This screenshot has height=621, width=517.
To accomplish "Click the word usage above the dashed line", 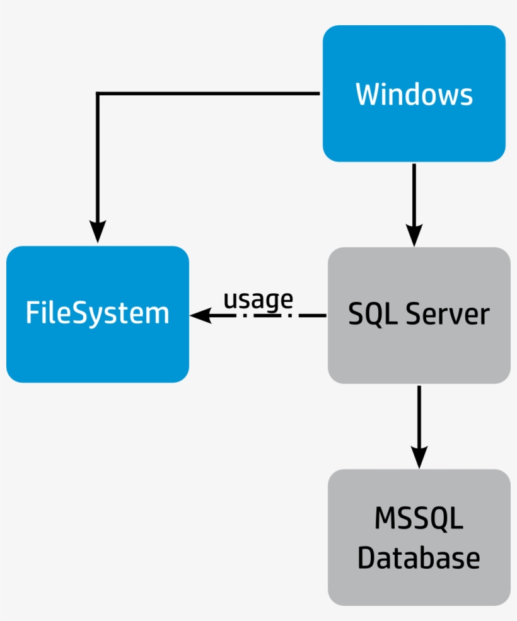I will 258,299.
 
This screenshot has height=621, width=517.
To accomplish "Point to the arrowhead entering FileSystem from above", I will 97,231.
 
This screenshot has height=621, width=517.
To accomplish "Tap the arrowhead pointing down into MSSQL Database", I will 419,456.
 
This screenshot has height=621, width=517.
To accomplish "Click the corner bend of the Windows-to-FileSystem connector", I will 98,94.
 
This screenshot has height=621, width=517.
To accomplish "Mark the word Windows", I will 414,94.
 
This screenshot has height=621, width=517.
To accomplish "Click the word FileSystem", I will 98,313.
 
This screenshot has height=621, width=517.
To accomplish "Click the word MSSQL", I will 419,519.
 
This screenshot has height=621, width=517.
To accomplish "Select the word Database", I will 419,558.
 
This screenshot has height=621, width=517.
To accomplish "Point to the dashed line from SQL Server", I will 277,315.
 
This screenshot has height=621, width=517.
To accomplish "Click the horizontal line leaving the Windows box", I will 208,94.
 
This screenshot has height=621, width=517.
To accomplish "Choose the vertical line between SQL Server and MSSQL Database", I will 419,416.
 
